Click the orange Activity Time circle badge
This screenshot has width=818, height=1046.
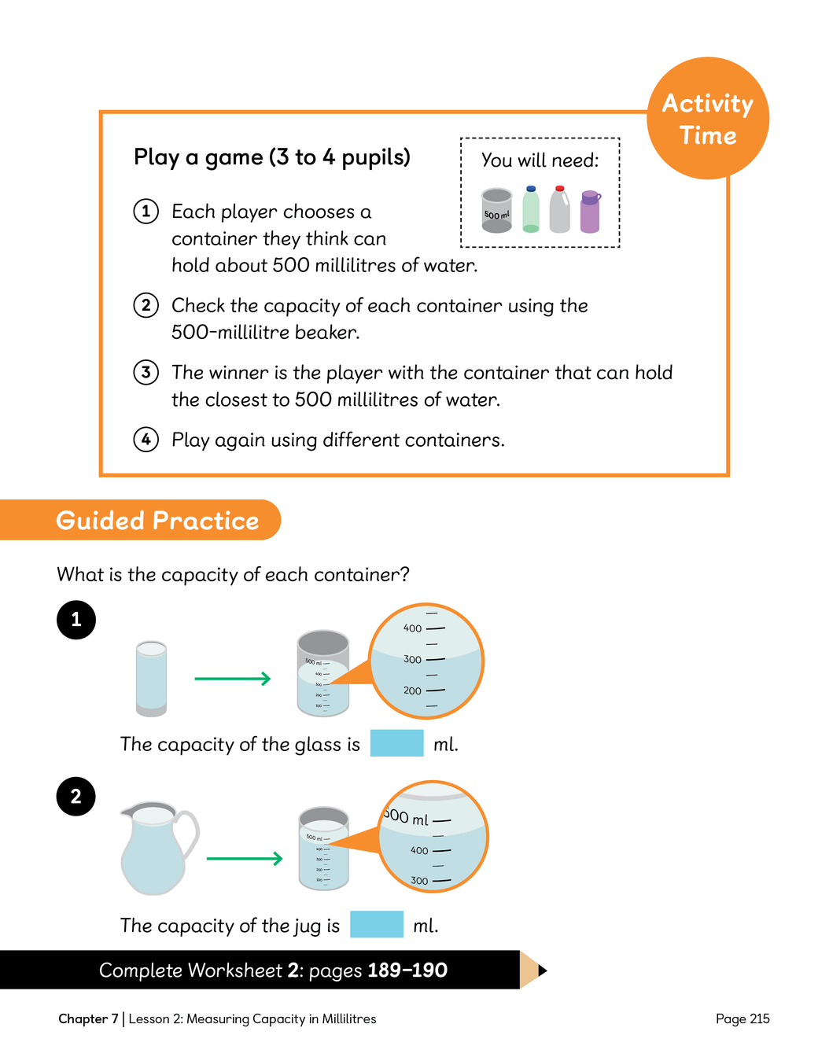pos(708,119)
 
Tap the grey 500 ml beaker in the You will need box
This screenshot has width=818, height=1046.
pos(497,211)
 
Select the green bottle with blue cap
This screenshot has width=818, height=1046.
pos(531,210)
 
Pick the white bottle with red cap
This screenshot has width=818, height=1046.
pos(559,210)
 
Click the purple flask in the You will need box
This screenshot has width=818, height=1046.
pos(590,212)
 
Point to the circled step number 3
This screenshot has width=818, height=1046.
pos(146,372)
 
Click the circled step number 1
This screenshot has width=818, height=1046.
pos(146,212)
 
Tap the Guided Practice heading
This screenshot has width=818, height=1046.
pos(157,521)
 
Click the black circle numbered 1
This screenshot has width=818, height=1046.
pos(76,620)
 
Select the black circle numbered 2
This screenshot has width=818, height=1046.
pos(76,797)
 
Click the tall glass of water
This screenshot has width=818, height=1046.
pos(151,678)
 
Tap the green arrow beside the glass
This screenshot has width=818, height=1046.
pos(233,679)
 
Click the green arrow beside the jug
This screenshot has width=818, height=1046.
pos(245,859)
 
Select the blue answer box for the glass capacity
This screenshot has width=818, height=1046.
pos(396,743)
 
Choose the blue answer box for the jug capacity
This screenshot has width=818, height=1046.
pos(377,924)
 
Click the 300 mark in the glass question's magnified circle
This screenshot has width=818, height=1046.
pos(413,660)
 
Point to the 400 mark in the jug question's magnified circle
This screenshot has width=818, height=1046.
pos(420,851)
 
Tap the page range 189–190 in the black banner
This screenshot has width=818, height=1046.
pos(407,970)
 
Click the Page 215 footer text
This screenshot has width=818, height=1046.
pos(742,1019)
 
